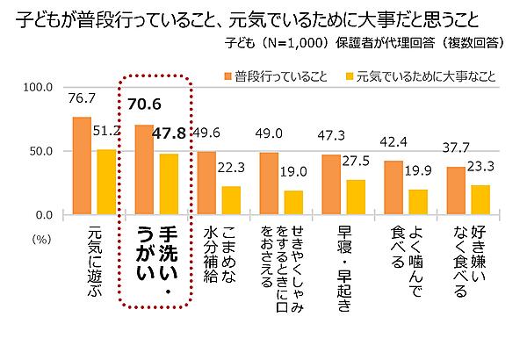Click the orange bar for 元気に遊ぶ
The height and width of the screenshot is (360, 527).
[82, 166]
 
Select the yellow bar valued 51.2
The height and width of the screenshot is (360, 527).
[106, 182]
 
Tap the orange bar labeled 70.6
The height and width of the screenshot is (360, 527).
[144, 169]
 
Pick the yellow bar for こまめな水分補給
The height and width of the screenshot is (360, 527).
[230, 200]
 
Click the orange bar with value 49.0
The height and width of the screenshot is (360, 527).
[269, 184]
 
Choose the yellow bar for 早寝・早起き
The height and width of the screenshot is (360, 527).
[356, 197]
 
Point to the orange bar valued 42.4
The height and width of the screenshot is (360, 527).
[393, 187]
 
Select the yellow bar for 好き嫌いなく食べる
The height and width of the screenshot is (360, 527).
[481, 199]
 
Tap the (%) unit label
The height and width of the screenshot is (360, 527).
[41, 236]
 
